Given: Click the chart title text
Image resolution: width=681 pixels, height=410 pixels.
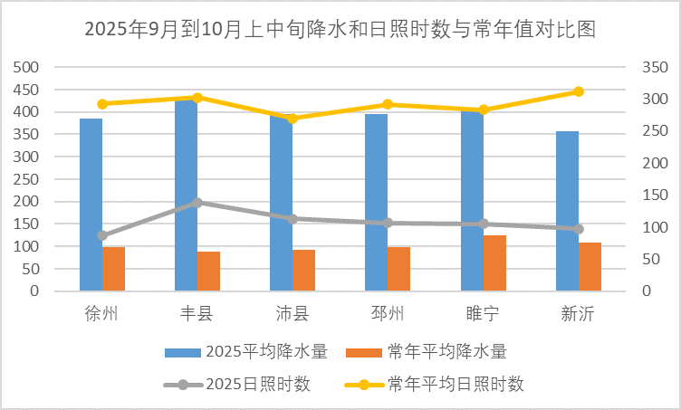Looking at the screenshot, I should (x=340, y=29).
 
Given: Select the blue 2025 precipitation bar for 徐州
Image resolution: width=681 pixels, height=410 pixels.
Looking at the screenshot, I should (x=91, y=205).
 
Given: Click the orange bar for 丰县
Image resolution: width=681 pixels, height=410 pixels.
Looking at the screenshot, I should (x=208, y=272).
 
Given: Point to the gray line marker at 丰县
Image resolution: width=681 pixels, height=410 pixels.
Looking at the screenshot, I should (x=197, y=203).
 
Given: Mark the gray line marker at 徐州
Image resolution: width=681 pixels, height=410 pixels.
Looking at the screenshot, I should (x=102, y=235).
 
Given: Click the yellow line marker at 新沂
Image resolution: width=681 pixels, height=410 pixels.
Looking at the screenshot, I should (x=579, y=91).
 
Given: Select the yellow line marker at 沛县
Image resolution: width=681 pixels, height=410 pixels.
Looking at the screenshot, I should (x=293, y=118).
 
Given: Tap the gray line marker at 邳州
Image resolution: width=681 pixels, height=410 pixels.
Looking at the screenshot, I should (x=388, y=223).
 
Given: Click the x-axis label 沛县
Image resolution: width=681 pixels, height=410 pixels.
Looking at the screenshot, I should (x=292, y=314).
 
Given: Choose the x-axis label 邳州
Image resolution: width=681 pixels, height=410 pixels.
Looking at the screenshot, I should (x=387, y=314).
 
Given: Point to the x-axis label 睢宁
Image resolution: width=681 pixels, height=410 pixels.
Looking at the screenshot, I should (x=482, y=314).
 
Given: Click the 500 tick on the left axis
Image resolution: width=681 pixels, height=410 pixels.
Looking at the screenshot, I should (x=28, y=68).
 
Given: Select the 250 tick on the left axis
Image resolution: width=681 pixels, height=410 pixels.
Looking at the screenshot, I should (x=28, y=179).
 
